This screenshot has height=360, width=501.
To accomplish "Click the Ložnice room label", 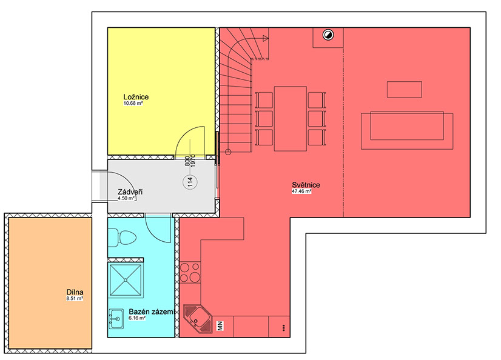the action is (x=136, y=97).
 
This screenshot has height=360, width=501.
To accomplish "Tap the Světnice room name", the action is (x=306, y=185).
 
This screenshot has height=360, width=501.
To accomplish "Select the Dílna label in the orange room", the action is (x=75, y=292).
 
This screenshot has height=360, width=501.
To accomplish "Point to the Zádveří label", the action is (x=130, y=192).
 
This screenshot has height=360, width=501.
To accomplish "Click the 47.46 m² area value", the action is (x=301, y=192).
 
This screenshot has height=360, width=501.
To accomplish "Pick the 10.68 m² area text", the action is (x=133, y=104).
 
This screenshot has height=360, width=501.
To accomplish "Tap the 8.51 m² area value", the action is (x=75, y=299).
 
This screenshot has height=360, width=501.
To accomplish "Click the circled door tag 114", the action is (x=190, y=182).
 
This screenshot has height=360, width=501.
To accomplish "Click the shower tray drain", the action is (x=126, y=280).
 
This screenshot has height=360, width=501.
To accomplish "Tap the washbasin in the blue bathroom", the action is (x=116, y=319).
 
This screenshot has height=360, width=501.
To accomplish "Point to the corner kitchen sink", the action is (x=198, y=319).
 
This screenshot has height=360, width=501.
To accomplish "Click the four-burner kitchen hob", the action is (x=190, y=273).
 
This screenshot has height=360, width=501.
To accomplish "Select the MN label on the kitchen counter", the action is (x=220, y=326).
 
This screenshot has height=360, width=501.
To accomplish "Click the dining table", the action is (x=291, y=118).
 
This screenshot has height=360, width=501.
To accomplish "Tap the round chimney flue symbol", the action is (x=328, y=35).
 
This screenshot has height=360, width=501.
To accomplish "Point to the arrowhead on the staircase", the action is (x=266, y=39).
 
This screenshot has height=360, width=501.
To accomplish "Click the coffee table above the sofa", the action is (x=405, y=89).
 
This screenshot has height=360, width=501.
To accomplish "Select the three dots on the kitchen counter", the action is (x=284, y=327).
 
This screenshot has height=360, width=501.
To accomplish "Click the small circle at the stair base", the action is (x=228, y=152).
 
